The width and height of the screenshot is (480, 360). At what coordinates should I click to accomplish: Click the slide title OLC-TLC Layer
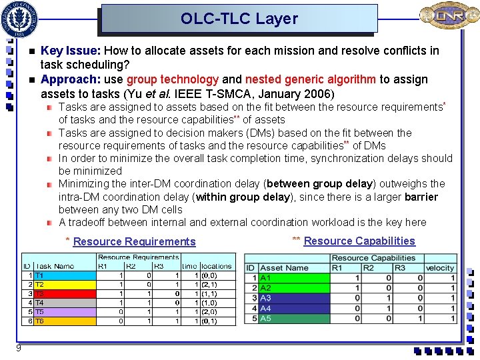239,19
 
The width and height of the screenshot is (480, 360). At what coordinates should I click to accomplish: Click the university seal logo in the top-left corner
20,18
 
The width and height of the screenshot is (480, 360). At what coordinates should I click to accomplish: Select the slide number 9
19,348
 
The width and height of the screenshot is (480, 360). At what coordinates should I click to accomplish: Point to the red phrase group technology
173,79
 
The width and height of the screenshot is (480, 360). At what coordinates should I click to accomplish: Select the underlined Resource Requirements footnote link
134,241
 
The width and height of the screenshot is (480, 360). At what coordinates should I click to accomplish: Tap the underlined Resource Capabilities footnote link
359,241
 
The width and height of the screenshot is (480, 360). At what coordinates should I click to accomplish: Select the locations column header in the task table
217,266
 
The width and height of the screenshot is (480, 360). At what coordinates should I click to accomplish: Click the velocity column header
439,268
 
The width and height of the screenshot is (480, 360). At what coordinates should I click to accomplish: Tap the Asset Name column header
284,268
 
